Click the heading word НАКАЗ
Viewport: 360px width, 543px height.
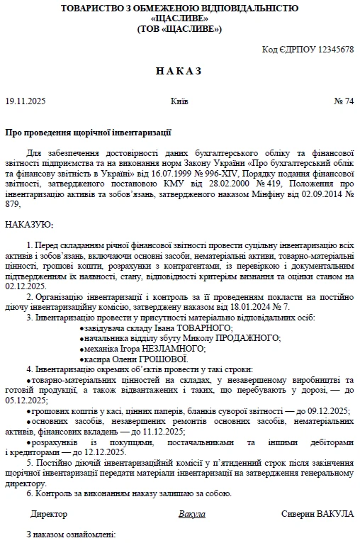[x=179, y=71]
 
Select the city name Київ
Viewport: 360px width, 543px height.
[x=179, y=101]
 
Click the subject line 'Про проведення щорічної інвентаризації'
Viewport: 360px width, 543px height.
[x=88, y=133]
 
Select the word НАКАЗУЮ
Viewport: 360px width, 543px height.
[x=28, y=224]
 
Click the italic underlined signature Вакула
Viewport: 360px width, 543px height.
[x=191, y=513]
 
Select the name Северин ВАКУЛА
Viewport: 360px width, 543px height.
[x=317, y=513]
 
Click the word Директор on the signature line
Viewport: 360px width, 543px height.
[x=49, y=513]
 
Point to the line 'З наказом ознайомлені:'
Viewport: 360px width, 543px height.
[x=70, y=534]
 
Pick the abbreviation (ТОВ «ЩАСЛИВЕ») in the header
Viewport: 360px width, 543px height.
[x=179, y=29]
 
